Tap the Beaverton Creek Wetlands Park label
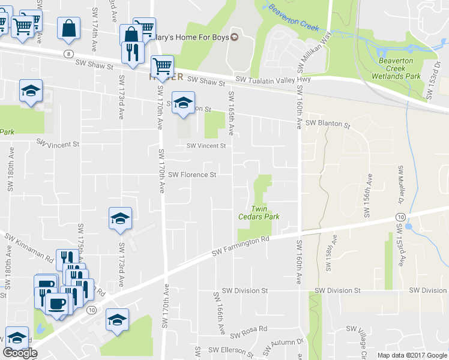click(x=400, y=68)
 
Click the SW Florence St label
click(x=192, y=175)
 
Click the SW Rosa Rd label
click(x=248, y=334)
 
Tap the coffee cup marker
click(x=58, y=305)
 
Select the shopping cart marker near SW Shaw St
click(x=162, y=65)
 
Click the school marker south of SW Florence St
click(x=120, y=219)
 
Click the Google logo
click(x=20, y=353)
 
